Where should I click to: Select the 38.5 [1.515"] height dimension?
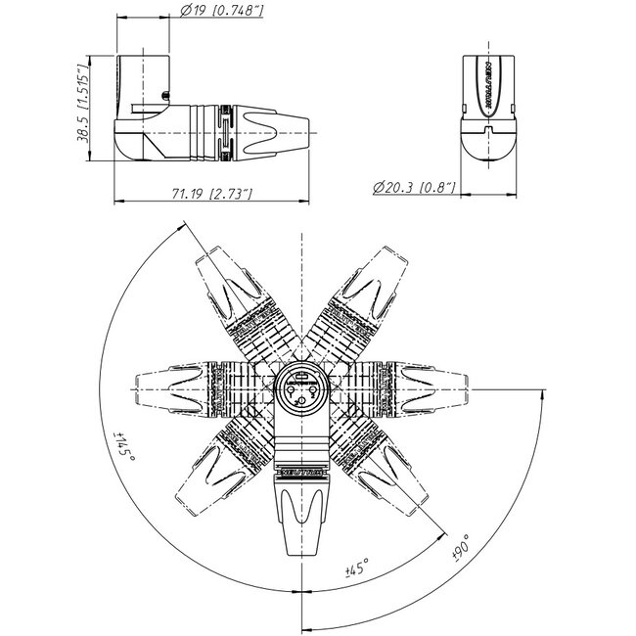(86, 107)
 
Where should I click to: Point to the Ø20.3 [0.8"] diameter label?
(415, 184)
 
